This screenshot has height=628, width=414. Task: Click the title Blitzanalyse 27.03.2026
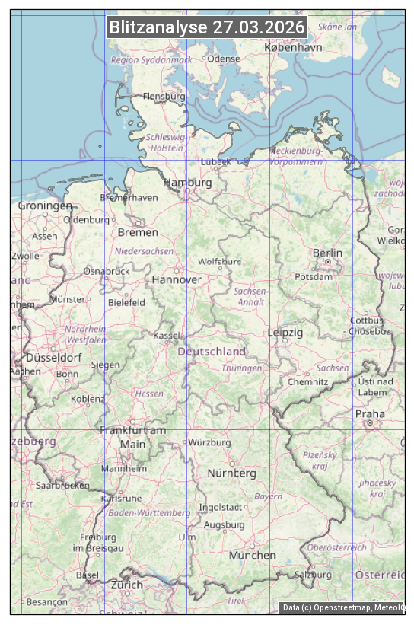coord(207,27)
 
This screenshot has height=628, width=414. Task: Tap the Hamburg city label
coord(188,183)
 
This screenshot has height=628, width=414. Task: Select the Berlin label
coord(327,253)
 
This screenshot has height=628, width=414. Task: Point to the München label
coord(253,555)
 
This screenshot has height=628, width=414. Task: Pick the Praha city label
coord(370,414)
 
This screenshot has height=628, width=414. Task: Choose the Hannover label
coord(177,279)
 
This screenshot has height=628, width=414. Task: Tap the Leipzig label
coord(285,333)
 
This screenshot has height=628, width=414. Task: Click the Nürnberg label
coord(232,473)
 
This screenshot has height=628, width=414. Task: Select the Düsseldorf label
coord(54,357)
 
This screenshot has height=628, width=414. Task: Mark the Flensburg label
coord(164,97)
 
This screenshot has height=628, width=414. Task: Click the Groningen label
coord(45,206)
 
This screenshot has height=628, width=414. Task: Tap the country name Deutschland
coord(212,352)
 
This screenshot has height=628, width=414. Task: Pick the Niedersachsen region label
coord(144,250)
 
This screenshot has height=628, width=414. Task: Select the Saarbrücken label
coord(62,484)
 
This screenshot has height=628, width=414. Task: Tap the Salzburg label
coord(313,575)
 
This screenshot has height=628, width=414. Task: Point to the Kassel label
coord(167,336)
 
